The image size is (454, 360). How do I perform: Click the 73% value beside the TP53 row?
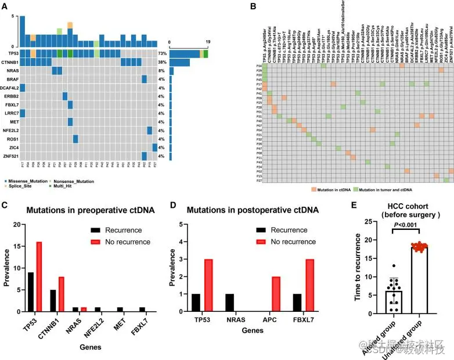click(162, 53)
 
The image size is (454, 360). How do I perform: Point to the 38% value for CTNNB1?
click(162, 62)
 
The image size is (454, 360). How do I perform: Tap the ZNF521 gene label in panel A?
click(10, 156)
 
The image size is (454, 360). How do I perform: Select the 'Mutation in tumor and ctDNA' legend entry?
click(391, 190)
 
